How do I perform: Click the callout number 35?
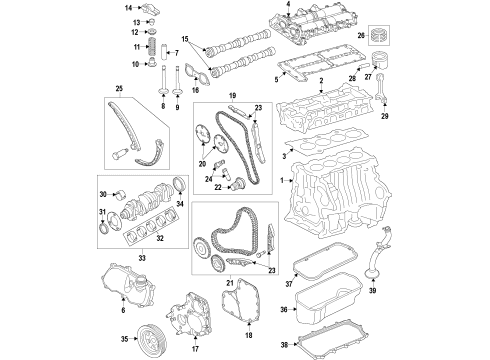tap(124, 339)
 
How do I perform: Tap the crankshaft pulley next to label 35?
tap(151, 338)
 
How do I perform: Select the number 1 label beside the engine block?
tap(284, 180)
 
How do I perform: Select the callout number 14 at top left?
tap(129, 8)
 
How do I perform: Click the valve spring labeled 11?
tap(154, 48)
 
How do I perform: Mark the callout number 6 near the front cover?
tap(124, 311)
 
